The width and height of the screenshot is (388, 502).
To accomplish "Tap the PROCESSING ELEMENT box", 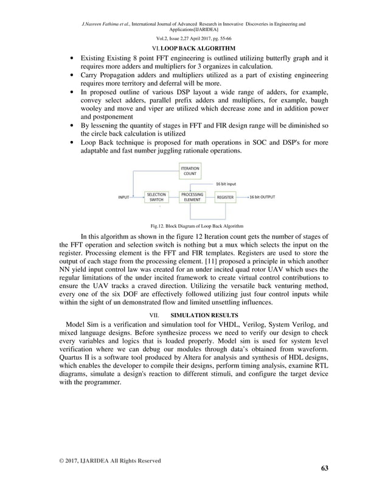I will [x=192, y=198].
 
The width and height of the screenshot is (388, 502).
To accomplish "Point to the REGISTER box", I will [x=225, y=198].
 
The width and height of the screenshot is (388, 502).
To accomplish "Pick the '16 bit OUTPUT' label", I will [x=262, y=198].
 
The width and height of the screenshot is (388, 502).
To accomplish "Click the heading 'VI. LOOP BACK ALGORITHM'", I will [x=193, y=48].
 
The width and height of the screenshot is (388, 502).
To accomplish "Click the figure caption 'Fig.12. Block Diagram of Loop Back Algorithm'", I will [x=193, y=225].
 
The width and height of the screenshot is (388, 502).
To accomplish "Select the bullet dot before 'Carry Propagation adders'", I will [x=73, y=75].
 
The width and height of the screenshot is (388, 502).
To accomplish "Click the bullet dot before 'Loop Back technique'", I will [x=73, y=142].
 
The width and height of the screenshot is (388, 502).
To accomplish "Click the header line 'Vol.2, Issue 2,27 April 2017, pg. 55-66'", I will [x=193, y=38].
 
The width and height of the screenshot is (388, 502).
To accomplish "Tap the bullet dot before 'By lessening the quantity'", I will [x=73, y=126].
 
